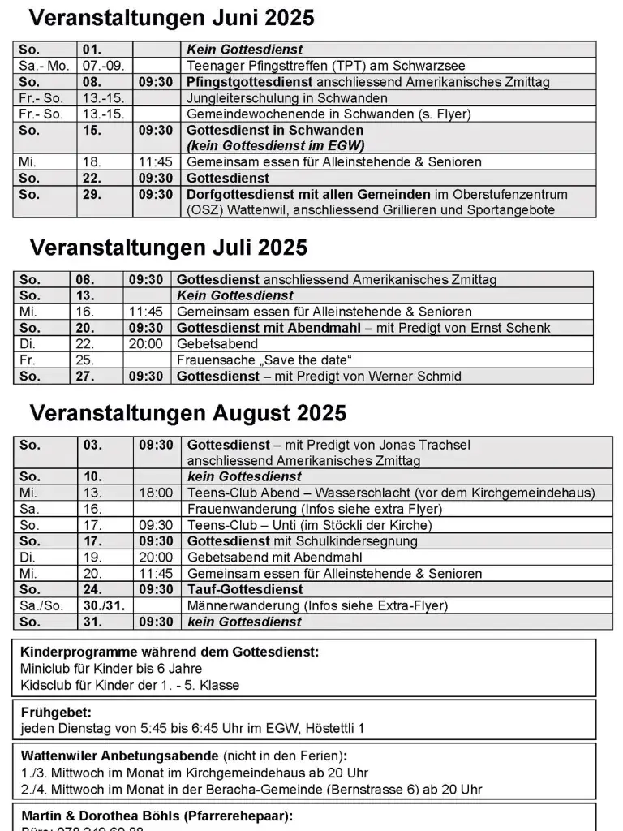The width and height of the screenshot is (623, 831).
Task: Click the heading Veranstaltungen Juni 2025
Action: click(171, 19)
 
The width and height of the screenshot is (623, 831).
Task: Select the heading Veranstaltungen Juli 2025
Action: click(169, 247)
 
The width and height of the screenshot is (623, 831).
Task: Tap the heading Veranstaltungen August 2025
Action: click(188, 413)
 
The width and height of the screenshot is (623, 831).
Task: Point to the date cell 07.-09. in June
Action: click(101, 66)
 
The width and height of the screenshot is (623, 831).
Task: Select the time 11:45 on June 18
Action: click(156, 162)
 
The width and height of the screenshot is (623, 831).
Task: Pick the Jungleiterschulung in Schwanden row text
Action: click(276, 98)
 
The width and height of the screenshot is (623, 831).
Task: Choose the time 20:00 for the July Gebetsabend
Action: click(146, 344)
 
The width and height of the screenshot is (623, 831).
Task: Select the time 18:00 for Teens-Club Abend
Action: click(156, 493)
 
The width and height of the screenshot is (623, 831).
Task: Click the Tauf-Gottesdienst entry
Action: click(245, 589)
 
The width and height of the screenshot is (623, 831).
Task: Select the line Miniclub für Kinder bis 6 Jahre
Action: click(111, 669)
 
